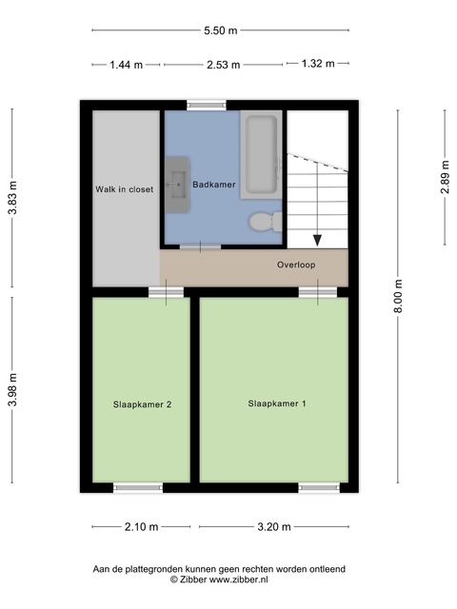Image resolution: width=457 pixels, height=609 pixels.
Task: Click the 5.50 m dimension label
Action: tap(220, 30)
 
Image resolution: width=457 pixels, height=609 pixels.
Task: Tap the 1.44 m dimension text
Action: tap(127, 65)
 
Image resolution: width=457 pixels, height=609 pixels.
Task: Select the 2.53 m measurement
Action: tap(223, 65)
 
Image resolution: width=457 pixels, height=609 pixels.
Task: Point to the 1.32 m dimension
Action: tap(318, 64)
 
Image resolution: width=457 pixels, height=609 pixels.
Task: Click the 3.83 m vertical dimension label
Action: tap(12, 198)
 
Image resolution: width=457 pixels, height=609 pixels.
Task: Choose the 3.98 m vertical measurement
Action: tap(12, 390)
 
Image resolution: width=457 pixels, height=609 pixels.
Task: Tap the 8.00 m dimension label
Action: tap(398, 296)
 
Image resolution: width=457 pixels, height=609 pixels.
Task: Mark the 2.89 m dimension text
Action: tap(445, 177)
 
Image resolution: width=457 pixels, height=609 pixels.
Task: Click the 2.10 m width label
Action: tap(142, 527)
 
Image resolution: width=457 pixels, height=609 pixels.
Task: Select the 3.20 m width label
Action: tap(274, 527)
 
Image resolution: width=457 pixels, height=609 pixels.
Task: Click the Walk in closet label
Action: tap(125, 189)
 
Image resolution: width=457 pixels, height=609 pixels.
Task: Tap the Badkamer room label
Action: tap(214, 185)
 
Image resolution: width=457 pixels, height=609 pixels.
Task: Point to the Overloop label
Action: tap(296, 265)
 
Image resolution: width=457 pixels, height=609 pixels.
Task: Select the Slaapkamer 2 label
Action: tap(142, 404)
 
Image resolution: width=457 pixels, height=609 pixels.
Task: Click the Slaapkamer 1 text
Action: tap(277, 403)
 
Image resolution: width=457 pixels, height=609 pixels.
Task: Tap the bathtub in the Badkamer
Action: tap(261, 155)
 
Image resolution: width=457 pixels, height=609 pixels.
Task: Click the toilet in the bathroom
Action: tap(266, 222)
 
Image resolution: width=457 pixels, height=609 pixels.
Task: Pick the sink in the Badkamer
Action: tap(178, 185)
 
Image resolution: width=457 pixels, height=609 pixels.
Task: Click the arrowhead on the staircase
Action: tap(317, 241)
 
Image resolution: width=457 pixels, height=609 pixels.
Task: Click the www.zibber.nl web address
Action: tap(239, 580)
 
